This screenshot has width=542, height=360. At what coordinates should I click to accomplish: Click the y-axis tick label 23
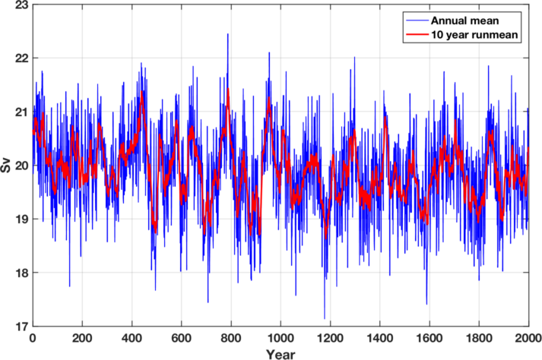click(x=19, y=5)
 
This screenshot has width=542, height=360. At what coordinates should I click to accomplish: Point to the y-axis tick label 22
click(x=19, y=58)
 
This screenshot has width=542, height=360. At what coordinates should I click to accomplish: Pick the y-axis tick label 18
click(x=19, y=273)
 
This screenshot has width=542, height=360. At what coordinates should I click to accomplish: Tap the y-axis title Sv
click(x=6, y=166)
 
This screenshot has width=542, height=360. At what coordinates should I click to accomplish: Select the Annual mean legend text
click(x=468, y=20)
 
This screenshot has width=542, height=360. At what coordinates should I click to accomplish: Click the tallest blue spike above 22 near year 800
click(x=227, y=35)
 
